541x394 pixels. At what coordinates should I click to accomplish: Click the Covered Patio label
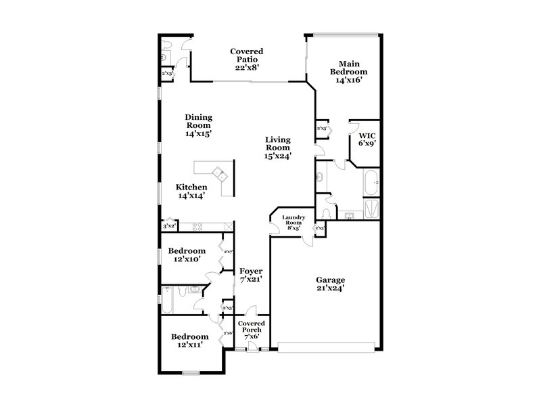[x=247, y=59]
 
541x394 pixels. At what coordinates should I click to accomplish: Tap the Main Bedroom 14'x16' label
[x=348, y=71]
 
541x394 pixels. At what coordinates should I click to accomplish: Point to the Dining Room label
[x=198, y=125]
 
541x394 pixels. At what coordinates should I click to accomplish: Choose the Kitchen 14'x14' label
[x=191, y=191]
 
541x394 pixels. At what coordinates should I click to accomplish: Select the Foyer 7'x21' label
[x=251, y=275]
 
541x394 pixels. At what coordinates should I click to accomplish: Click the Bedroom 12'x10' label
[x=187, y=255]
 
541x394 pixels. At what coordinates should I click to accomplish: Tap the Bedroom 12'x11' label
[x=189, y=341]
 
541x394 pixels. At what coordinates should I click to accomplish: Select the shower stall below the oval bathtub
[x=371, y=206]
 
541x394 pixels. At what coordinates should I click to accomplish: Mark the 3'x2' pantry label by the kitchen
[x=168, y=226]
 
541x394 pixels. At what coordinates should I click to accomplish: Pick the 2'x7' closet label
[x=229, y=253]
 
